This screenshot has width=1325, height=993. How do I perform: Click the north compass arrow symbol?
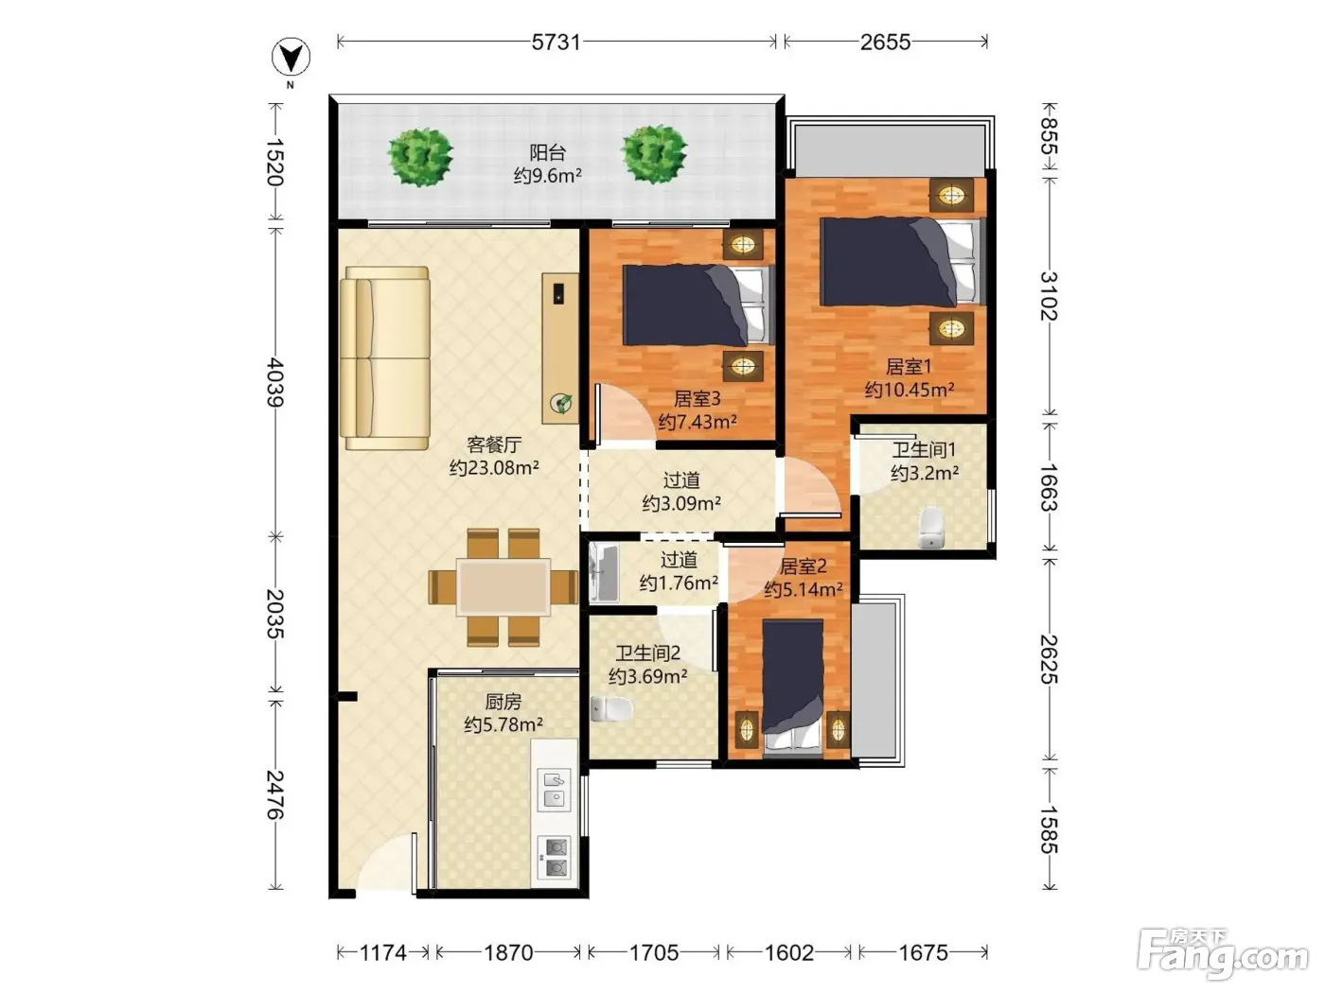click(291, 58)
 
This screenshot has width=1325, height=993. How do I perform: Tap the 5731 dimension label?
click(556, 42)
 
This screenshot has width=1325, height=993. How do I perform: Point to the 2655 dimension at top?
click(885, 42)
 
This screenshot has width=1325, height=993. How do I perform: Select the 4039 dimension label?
click(275, 382)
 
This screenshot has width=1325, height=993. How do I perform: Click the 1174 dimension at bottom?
click(382, 952)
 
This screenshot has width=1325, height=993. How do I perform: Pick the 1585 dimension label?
click(1050, 829)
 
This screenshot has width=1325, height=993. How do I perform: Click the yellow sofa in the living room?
click(384, 358)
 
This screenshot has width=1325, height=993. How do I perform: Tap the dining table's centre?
click(503, 587)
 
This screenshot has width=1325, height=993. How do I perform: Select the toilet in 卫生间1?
click(930, 528)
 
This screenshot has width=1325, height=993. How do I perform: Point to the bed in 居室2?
click(792, 687)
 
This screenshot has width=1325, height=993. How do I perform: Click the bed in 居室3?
click(698, 305)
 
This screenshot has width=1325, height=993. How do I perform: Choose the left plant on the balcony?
click(420, 156)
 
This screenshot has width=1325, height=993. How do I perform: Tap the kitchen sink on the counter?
click(555, 791)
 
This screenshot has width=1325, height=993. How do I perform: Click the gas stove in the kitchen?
click(555, 857)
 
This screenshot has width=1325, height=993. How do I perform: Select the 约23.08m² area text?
click(494, 467)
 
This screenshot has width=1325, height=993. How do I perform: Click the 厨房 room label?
click(503, 701)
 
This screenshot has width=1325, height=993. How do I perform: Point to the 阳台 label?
click(547, 152)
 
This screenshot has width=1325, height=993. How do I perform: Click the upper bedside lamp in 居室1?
click(951, 195)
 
